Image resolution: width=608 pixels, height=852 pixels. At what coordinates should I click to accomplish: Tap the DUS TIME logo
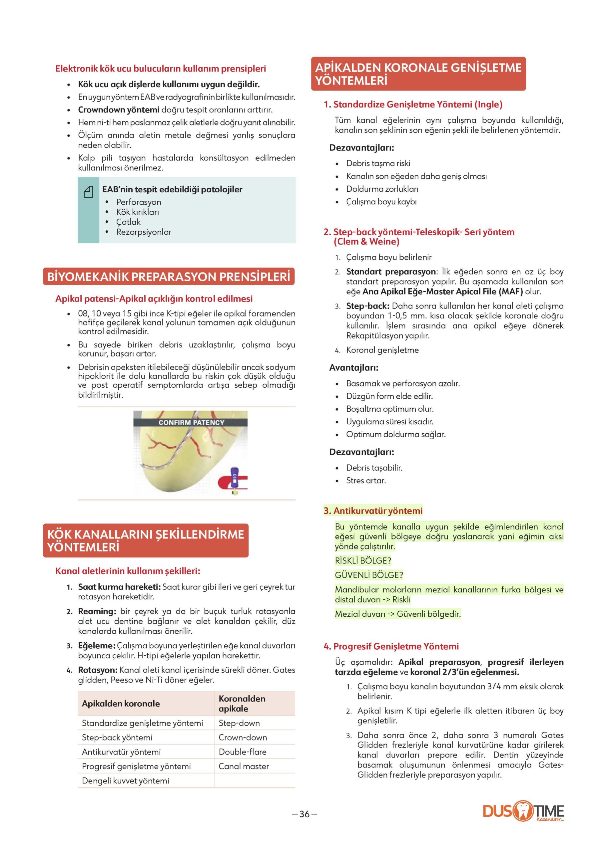523,811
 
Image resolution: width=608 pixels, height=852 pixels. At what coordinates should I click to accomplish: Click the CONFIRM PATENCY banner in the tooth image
191,422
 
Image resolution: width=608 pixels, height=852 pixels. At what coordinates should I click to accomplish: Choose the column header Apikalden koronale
121,703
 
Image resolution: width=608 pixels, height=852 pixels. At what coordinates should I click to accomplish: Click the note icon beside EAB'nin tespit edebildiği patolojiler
88,192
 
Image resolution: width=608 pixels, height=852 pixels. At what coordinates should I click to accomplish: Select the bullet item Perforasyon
139,202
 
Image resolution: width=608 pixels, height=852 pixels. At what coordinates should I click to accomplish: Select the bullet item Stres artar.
366,480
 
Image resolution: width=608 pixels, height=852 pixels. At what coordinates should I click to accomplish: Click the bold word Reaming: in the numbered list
97,611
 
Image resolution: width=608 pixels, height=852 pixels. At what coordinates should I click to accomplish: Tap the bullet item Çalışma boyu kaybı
381,202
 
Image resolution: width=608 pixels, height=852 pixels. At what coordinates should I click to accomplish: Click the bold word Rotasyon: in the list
98,670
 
